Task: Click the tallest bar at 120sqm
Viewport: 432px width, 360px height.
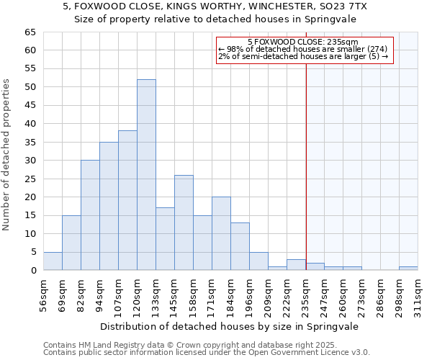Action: coord(146,175)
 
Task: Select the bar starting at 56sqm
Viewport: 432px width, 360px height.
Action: coord(53,261)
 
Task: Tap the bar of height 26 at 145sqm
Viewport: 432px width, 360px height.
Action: coord(184,222)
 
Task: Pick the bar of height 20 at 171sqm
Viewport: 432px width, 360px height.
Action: coord(221,233)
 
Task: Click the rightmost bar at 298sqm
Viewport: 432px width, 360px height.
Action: coord(408,269)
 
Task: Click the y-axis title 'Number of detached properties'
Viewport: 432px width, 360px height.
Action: coord(7,155)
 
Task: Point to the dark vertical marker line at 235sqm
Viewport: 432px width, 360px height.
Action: coord(306,166)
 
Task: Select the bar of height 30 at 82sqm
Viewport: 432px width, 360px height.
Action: coord(90,215)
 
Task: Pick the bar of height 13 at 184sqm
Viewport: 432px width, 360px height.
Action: coord(240,246)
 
